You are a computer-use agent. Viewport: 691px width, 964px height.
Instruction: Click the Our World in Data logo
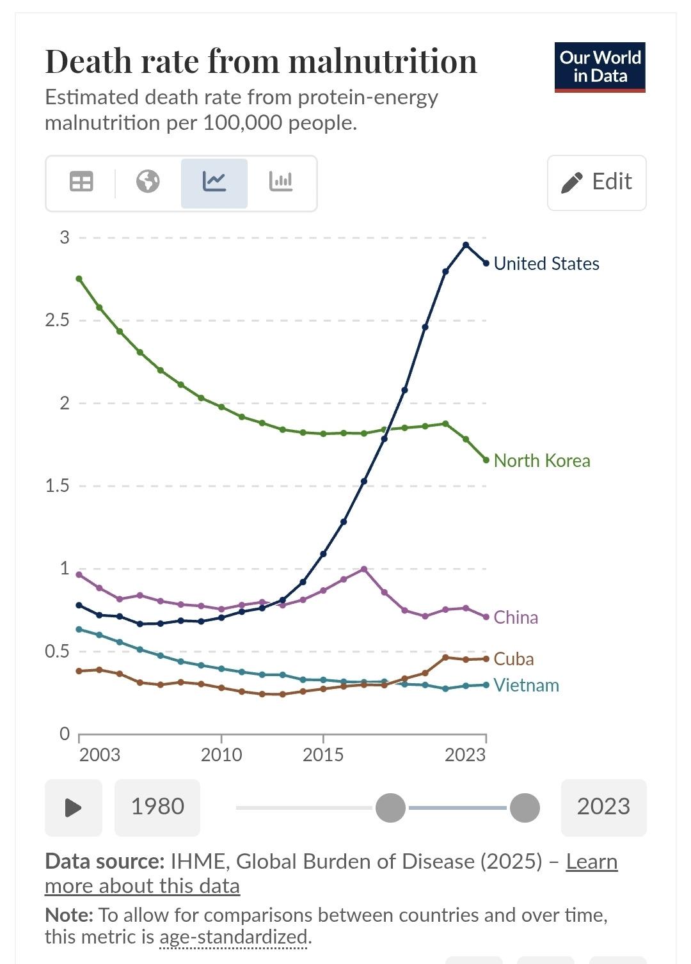[600, 67]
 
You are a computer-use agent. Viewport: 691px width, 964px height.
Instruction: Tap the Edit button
[596, 182]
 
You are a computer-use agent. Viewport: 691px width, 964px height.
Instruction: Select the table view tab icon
[81, 182]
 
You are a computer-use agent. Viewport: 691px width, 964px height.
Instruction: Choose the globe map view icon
[148, 182]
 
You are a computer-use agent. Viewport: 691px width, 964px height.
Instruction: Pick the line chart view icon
[214, 182]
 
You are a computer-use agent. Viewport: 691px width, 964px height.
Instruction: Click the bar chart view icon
[281, 182]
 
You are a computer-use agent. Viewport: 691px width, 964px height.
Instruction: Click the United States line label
[546, 264]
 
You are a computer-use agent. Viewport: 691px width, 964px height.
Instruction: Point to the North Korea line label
[541, 461]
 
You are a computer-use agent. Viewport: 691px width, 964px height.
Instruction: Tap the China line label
[515, 617]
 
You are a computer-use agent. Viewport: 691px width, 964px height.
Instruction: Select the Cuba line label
[513, 659]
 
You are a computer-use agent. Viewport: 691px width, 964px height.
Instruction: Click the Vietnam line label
[526, 685]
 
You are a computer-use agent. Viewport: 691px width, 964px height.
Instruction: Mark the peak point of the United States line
[466, 245]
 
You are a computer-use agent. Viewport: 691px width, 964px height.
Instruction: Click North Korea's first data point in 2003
[79, 279]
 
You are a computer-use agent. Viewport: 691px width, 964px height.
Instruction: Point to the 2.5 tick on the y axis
[58, 320]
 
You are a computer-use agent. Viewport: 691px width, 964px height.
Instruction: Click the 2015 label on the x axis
[323, 755]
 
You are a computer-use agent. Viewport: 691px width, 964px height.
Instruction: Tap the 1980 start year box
[157, 807]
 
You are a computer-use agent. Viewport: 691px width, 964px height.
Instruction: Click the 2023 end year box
[603, 807]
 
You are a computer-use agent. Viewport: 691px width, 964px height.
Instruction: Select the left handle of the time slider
[390, 808]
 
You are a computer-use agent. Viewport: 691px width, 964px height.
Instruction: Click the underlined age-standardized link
[234, 937]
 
